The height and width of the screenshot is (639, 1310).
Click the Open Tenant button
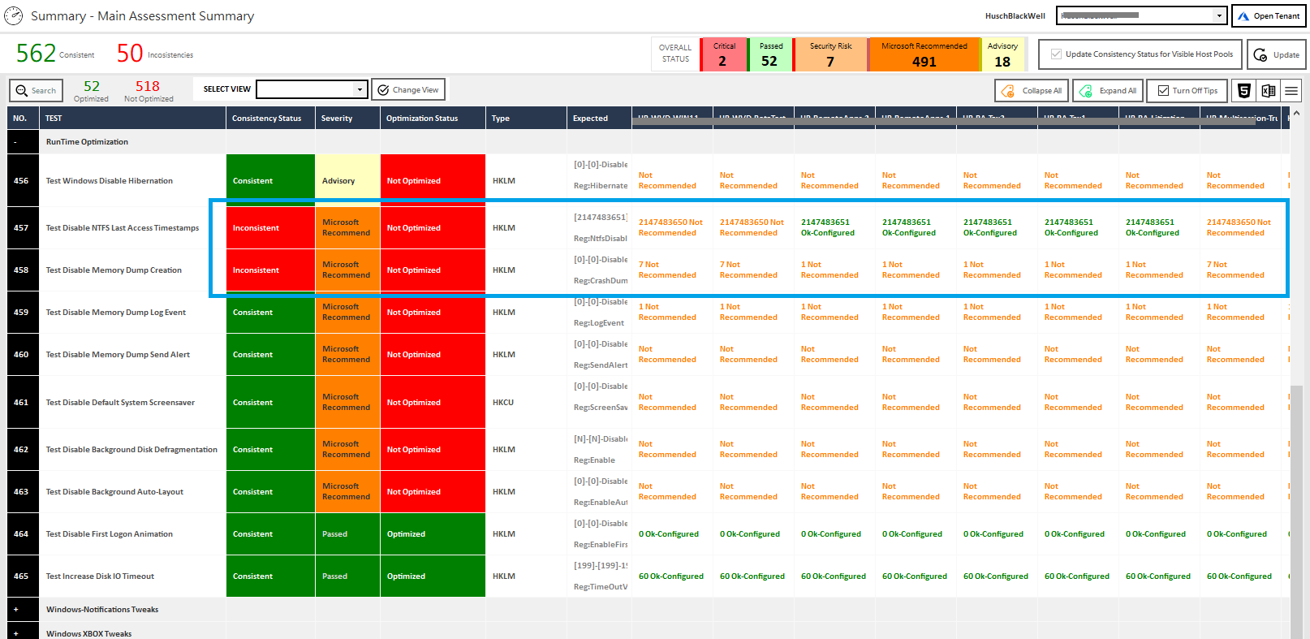pyautogui.click(x=1269, y=16)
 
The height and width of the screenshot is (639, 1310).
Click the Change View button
pyautogui.click(x=408, y=90)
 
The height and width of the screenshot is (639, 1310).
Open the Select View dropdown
pyautogui.click(x=360, y=89)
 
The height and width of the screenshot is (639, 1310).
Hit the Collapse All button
pyautogui.click(x=1032, y=91)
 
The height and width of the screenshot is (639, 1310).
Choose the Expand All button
pyautogui.click(x=1109, y=91)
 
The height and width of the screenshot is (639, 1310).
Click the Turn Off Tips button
pyautogui.click(x=1187, y=91)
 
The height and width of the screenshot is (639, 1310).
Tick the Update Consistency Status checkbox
pyautogui.click(x=1056, y=54)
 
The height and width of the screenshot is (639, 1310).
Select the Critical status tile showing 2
pyautogui.click(x=723, y=54)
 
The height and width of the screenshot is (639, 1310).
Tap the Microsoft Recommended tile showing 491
pyautogui.click(x=924, y=54)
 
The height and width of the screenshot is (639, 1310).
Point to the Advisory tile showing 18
pyautogui.click(x=1002, y=54)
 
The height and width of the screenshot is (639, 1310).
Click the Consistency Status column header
pyautogui.click(x=266, y=119)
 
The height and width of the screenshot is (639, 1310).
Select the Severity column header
pyautogui.click(x=337, y=119)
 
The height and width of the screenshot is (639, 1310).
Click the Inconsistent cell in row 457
pyautogui.click(x=270, y=228)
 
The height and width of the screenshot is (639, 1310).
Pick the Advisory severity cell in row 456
pyautogui.click(x=347, y=181)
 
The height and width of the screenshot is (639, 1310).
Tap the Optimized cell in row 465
pyautogui.click(x=432, y=576)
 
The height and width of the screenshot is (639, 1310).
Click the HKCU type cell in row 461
pyautogui.click(x=503, y=403)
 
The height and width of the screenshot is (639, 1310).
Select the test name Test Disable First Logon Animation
pyautogui.click(x=110, y=534)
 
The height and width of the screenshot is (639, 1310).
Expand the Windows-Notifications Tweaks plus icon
pyautogui.click(x=15, y=610)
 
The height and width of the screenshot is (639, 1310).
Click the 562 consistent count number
pyautogui.click(x=37, y=54)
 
